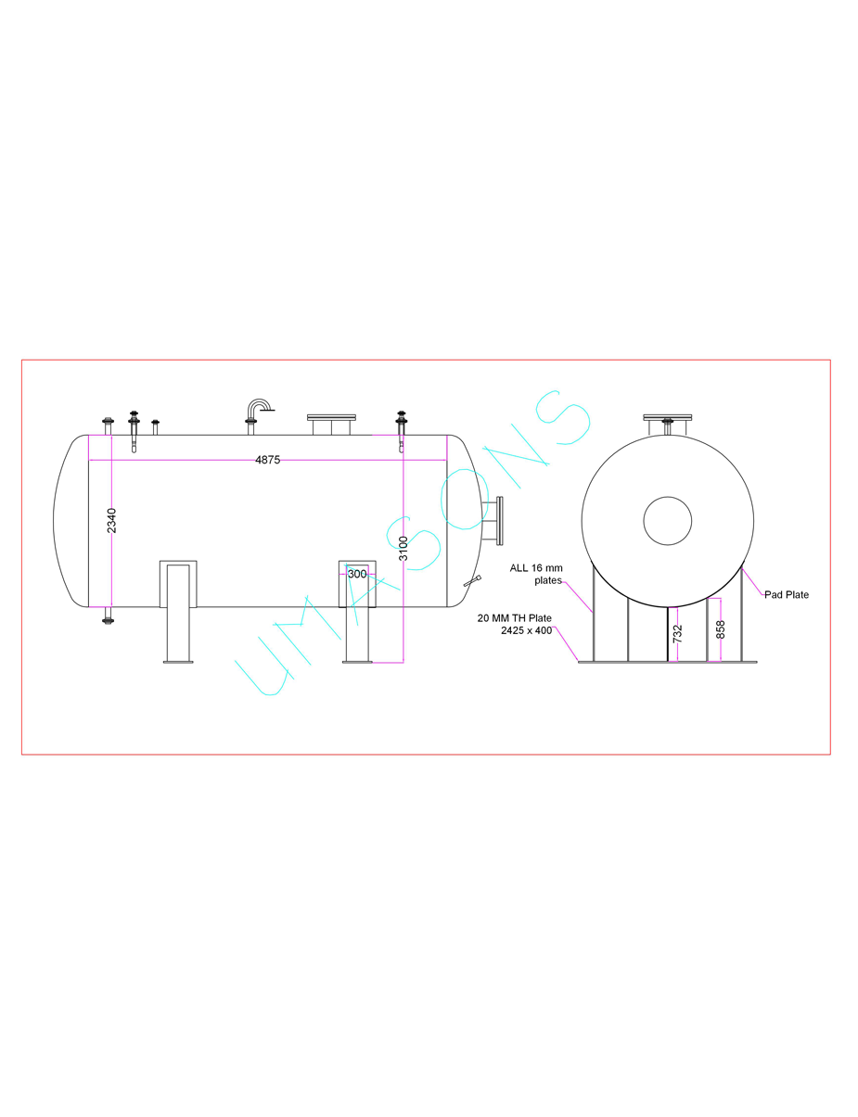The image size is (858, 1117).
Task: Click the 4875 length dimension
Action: (x=267, y=460)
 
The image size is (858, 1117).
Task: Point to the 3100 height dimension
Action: (x=403, y=548)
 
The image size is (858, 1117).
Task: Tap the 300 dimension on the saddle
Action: (x=357, y=574)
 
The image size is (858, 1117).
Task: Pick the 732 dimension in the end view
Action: (x=677, y=635)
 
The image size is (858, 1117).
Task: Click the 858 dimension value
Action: (x=721, y=629)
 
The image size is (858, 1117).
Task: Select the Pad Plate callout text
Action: (x=787, y=595)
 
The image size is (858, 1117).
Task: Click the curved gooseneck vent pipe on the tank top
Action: (x=258, y=409)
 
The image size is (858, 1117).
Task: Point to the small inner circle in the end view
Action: (x=668, y=520)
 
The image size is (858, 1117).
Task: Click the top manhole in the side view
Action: (x=331, y=423)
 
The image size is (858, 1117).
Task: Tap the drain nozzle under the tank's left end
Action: (x=108, y=616)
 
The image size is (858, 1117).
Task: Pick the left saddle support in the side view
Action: (x=178, y=607)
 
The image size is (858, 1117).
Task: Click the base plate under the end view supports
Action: (x=668, y=662)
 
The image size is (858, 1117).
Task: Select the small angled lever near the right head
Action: (x=472, y=581)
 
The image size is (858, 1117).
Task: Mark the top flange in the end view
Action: (x=668, y=416)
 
